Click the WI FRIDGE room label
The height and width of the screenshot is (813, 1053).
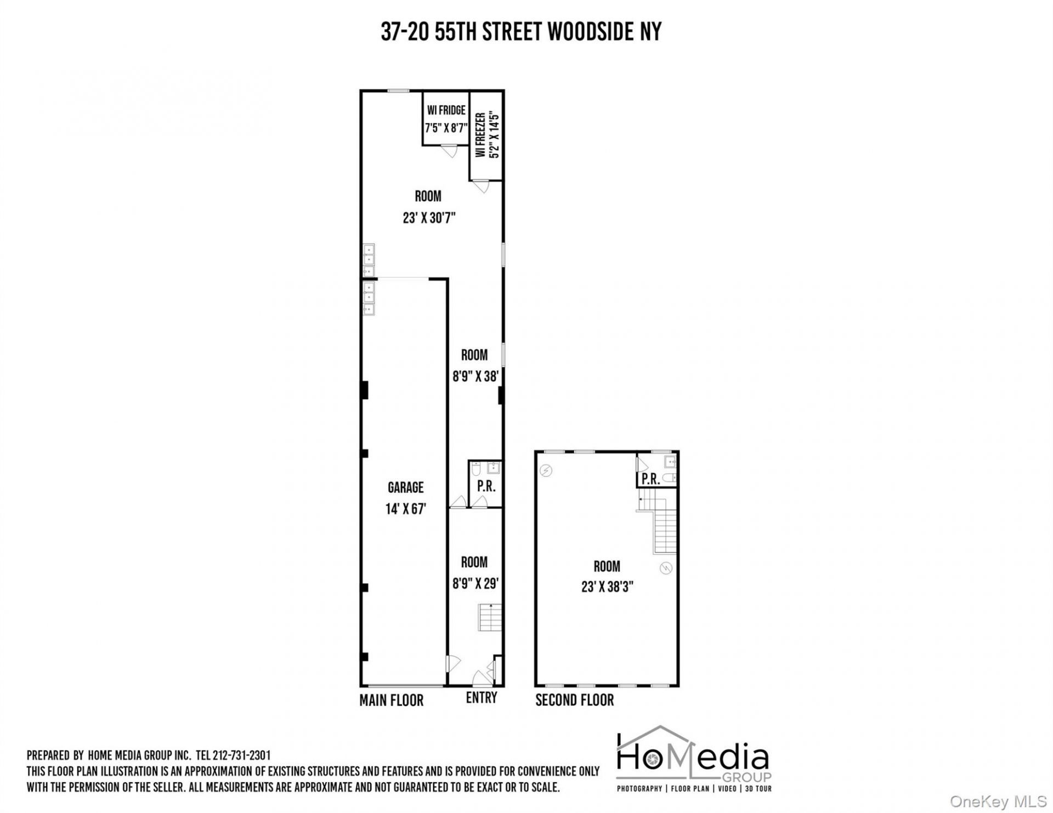click(446, 110)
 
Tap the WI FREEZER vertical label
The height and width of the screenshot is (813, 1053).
click(480, 135)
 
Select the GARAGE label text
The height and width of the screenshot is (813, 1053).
click(406, 487)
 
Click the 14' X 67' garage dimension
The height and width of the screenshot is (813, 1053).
click(406, 509)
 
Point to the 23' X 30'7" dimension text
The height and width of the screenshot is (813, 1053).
click(428, 218)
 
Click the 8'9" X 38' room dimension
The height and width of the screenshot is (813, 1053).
click(474, 377)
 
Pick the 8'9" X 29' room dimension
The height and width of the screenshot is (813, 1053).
click(474, 584)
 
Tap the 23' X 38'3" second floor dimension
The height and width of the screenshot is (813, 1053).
click(607, 587)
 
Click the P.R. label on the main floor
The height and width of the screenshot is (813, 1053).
click(486, 486)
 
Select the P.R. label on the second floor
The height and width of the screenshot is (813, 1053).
click(651, 479)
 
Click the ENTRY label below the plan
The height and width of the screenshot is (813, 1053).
click(482, 697)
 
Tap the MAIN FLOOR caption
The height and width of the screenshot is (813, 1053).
click(392, 700)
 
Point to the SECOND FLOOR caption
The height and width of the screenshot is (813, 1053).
click(575, 700)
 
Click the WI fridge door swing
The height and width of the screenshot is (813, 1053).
click(449, 151)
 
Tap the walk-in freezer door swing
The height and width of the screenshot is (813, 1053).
click(482, 186)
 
